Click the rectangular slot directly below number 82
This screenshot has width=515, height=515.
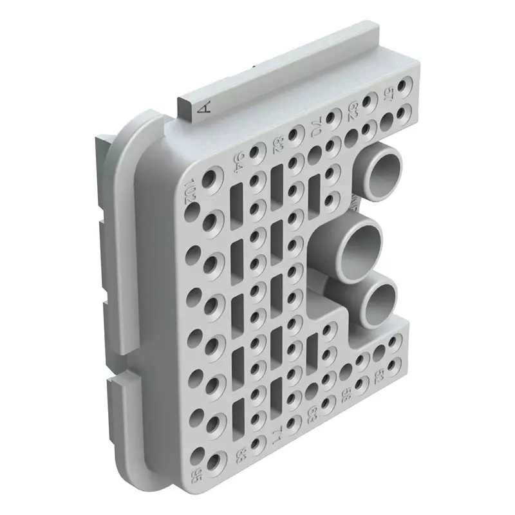point(277,180)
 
